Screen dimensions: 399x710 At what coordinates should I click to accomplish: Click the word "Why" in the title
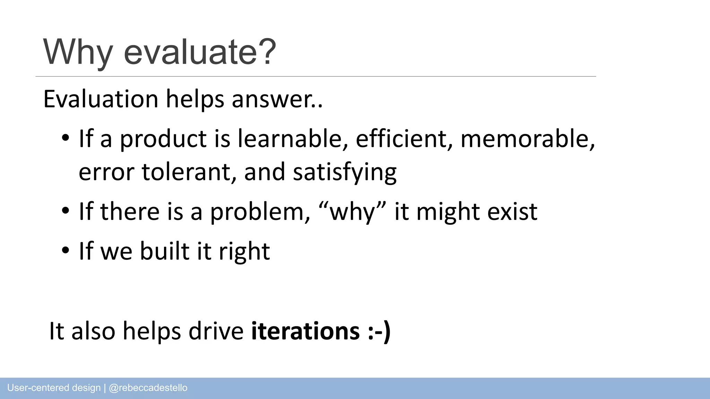click(78, 52)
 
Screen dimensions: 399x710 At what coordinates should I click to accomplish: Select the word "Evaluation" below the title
click(101, 99)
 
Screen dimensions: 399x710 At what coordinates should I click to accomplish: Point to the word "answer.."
click(277, 100)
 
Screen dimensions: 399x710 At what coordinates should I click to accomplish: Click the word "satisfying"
click(345, 172)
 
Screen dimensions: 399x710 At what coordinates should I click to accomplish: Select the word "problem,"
click(260, 212)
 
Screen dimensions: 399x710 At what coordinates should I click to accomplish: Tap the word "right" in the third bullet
click(244, 251)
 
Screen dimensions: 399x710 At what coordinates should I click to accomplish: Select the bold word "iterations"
click(305, 331)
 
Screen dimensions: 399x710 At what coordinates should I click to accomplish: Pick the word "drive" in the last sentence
click(216, 331)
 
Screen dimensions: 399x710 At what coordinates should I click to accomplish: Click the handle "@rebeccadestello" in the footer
click(148, 388)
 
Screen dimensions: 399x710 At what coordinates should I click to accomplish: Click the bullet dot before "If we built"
click(65, 251)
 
